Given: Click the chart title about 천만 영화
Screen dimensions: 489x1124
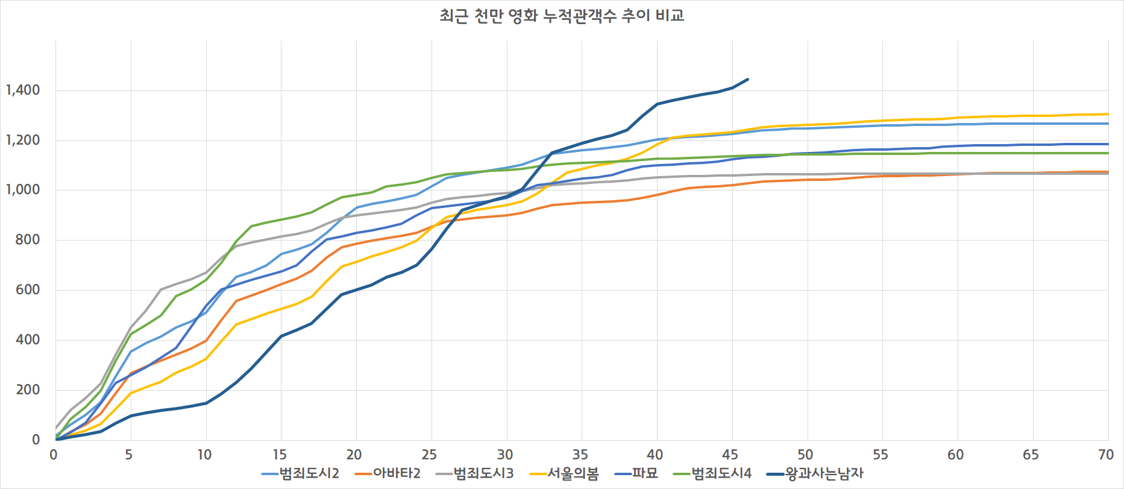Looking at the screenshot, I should [562, 15].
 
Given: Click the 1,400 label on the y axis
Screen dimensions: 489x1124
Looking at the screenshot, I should [23, 90].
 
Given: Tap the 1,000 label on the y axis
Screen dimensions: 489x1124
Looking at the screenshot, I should [23, 190].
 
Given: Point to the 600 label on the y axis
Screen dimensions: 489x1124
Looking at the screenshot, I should [28, 290].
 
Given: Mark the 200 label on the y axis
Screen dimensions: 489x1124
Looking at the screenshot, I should [28, 390].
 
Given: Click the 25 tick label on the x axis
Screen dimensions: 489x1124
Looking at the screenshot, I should [429, 455].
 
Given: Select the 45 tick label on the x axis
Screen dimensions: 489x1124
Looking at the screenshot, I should [730, 455].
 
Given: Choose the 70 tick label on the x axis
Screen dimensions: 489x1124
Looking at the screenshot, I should [1106, 455].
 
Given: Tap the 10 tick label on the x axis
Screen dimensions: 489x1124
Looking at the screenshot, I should [204, 455].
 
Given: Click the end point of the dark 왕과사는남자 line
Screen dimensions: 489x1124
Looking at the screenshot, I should [747, 79].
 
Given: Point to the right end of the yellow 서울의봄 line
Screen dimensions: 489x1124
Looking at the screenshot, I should [1108, 114].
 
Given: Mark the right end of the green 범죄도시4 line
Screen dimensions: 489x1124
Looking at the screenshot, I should [1108, 153].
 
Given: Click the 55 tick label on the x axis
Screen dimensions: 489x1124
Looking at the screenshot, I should [881, 455].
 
